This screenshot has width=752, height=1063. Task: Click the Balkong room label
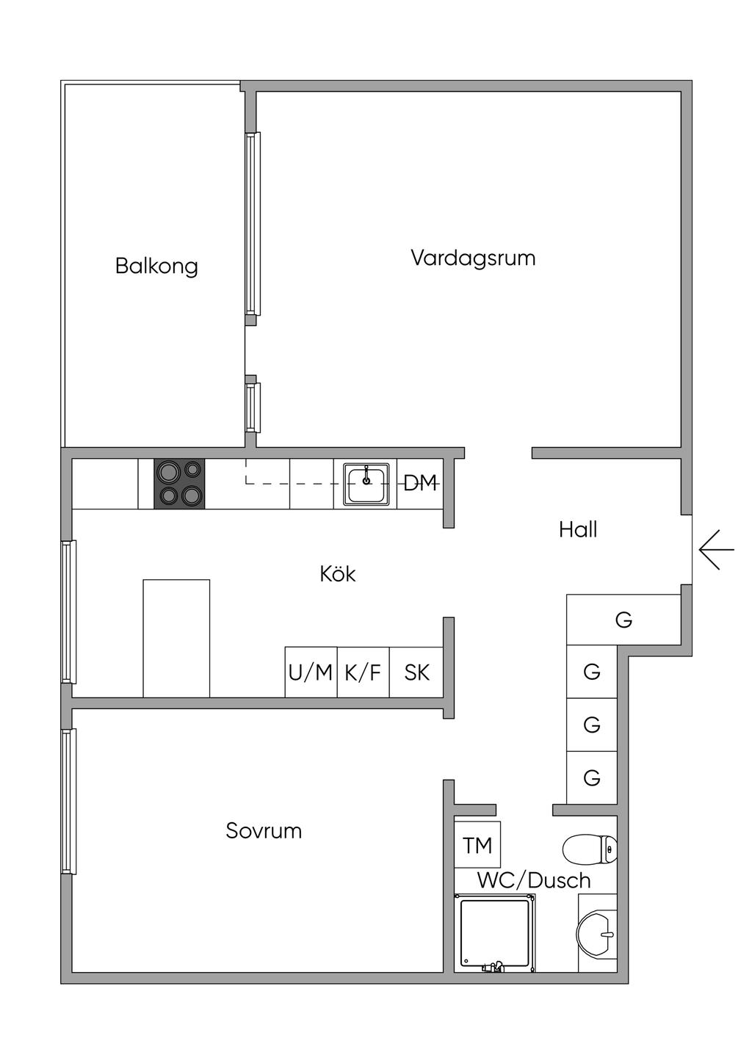(156, 266)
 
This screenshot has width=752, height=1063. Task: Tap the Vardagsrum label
(473, 258)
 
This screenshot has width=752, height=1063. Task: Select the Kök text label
(338, 574)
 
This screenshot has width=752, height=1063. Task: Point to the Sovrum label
(264, 830)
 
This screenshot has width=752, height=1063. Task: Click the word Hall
(578, 529)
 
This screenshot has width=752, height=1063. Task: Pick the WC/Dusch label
(534, 880)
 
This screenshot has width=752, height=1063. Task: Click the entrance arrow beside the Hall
(717, 550)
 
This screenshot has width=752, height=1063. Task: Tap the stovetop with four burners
(179, 484)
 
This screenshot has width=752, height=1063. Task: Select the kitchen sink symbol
(366, 484)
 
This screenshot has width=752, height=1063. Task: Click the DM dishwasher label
(420, 483)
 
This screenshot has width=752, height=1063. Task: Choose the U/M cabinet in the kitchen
(311, 672)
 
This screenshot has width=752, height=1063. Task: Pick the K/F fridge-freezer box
(364, 672)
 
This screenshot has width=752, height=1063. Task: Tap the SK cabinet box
(416, 672)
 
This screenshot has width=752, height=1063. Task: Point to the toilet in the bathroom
(590, 849)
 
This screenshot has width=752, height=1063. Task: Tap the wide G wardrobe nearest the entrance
(623, 620)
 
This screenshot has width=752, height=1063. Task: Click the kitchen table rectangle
(176, 638)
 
